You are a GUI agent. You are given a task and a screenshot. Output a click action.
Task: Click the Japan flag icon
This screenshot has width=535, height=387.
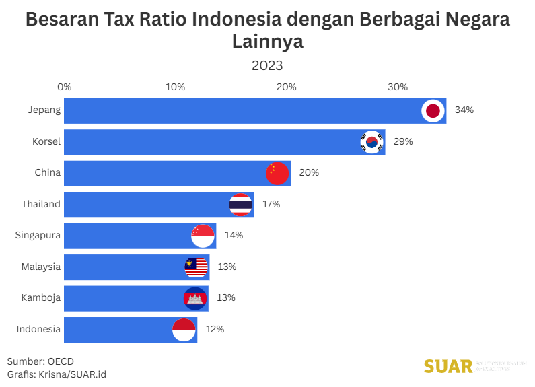point(433,111)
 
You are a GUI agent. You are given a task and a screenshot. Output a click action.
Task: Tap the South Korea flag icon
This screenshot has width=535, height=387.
point(371,142)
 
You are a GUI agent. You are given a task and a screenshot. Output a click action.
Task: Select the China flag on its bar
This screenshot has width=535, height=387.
point(277,173)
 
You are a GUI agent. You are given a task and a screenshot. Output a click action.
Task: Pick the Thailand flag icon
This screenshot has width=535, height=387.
point(240,205)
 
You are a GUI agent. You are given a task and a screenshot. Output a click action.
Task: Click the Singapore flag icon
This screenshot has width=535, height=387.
point(203,236)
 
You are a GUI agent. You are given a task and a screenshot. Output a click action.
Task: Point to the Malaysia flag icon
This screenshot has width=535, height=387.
point(196,267)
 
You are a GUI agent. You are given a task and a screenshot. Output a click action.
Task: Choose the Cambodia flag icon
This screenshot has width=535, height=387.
point(194,298)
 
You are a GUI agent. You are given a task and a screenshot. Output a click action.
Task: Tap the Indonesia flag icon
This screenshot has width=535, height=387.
point(184,330)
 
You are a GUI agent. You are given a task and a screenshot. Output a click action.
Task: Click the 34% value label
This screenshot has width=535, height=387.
point(464,110)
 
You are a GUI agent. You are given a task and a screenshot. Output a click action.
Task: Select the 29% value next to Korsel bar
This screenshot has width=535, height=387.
point(403,141)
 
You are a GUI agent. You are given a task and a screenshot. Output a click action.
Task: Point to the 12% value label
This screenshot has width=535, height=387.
point(215,329)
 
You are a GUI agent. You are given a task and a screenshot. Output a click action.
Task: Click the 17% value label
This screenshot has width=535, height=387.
point(271,204)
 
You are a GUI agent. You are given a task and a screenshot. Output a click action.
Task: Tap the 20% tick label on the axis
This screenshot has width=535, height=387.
point(287,87)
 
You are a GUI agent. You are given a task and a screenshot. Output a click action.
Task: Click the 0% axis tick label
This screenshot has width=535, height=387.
point(65,87)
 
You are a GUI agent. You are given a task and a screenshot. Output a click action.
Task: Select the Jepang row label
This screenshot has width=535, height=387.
point(44,110)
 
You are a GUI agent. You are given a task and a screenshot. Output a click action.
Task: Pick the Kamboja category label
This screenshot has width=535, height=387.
point(41,297)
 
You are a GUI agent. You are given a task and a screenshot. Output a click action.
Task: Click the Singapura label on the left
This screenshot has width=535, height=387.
point(38,235)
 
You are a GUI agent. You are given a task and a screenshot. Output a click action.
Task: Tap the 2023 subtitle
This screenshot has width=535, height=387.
point(267,65)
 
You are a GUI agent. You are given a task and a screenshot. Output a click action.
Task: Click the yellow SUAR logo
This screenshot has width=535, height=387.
point(448,366)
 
